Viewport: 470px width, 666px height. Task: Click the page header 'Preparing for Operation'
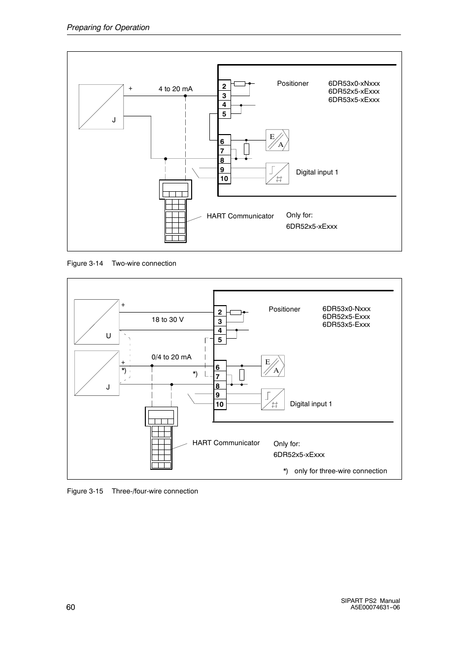tap(108, 27)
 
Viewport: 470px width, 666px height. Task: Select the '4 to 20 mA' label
tap(175, 89)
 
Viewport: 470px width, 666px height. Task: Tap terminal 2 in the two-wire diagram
tap(224, 86)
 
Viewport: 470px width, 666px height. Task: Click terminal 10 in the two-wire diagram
tap(224, 178)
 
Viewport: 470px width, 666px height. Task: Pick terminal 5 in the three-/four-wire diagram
tap(220, 340)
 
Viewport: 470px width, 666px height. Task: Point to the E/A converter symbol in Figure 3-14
tap(277, 140)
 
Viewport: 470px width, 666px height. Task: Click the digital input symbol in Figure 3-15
tap(273, 399)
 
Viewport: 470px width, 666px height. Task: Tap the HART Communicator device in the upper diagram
tap(175, 211)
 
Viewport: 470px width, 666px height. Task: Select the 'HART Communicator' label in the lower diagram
tap(226, 443)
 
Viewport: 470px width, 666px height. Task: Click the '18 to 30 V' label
tap(168, 319)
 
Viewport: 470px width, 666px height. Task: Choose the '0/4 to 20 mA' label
tap(171, 357)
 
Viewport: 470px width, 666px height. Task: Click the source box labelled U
tap(97, 322)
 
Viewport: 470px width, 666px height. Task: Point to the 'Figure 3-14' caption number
tap(85, 263)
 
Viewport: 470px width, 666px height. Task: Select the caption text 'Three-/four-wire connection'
tap(155, 491)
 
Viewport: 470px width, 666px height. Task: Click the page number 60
tap(71, 607)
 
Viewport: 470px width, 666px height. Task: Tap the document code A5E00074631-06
tap(375, 607)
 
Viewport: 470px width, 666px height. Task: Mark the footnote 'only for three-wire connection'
tap(341, 471)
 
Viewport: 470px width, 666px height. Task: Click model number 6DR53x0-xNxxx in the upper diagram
tap(354, 83)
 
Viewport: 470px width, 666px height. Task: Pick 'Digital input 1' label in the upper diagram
tap(317, 173)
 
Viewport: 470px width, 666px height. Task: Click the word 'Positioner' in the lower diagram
tap(284, 309)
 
